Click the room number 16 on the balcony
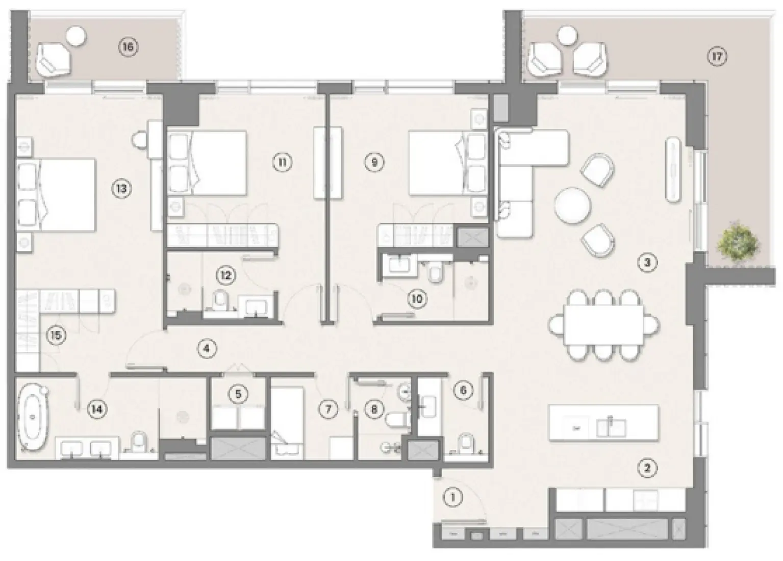pyautogui.click(x=128, y=46)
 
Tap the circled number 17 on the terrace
pyautogui.click(x=717, y=56)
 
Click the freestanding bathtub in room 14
pyautogui.click(x=33, y=416)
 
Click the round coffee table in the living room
pyautogui.click(x=572, y=206)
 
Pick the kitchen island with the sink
pyautogui.click(x=603, y=423)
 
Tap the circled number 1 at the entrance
pyautogui.click(x=452, y=497)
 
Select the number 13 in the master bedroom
pyautogui.click(x=121, y=189)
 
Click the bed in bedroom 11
pyautogui.click(x=207, y=163)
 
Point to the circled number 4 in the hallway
pyautogui.click(x=207, y=348)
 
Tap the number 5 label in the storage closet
pyautogui.click(x=238, y=394)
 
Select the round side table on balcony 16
pyautogui.click(x=76, y=36)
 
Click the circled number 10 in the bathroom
pyautogui.click(x=417, y=299)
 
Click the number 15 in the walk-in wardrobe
pyautogui.click(x=56, y=336)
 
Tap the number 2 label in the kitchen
pyautogui.click(x=647, y=468)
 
